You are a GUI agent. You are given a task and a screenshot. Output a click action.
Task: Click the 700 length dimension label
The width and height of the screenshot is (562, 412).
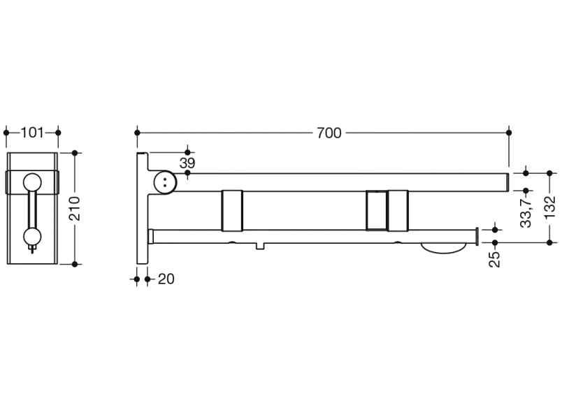pos(329,133)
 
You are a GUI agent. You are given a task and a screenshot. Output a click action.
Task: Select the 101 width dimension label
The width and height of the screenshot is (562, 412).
pos(32,133)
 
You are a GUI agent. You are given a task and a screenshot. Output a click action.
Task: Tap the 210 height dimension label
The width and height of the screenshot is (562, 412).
pos(75,209)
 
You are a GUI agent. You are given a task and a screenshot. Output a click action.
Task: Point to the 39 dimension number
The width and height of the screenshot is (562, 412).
pos(187,163)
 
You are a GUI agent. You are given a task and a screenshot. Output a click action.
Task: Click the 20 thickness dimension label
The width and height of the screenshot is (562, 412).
pos(166,279)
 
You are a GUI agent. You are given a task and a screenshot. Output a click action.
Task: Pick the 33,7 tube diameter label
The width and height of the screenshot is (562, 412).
pos(526,214)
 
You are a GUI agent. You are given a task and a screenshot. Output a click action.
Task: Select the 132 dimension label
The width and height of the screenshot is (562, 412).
pos(549,207)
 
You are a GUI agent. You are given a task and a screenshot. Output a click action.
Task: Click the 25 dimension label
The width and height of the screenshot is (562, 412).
pos(495,259)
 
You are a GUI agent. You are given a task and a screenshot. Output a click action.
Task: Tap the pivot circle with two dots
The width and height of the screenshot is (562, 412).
pos(165,182)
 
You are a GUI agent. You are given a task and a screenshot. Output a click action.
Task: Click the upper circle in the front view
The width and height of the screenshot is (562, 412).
pos(32,182)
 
